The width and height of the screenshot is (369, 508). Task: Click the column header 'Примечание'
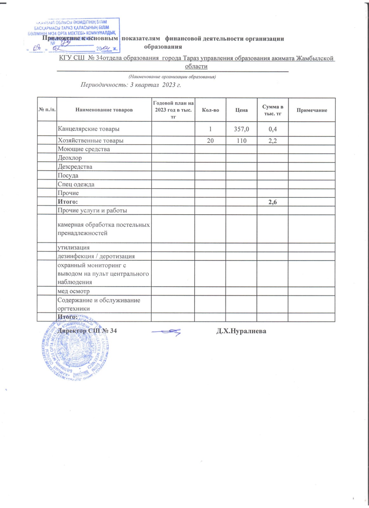tap(312, 110)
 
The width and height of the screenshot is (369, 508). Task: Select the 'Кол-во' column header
tap(210, 110)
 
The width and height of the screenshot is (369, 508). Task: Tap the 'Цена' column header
tap(241, 110)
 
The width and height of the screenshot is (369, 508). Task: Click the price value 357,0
tap(241, 129)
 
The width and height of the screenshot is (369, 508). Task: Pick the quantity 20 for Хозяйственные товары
tap(210, 141)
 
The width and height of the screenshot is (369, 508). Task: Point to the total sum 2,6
tap(273, 202)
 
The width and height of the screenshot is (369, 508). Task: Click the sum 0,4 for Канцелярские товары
tap(273, 129)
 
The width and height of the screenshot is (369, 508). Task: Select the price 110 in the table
tap(241, 141)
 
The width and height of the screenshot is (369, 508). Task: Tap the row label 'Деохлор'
tap(70, 158)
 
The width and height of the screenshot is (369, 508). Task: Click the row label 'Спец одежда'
tap(76, 184)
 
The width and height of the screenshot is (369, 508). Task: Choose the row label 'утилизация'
tap(74, 248)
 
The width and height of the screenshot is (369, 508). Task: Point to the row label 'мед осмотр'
tap(74, 291)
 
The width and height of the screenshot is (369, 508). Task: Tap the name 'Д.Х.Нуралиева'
tap(241, 331)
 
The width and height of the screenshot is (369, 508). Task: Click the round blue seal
tap(75, 349)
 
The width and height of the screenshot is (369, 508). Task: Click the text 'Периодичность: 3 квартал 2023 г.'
tap(131, 85)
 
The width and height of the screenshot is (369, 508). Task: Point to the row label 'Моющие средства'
tap(84, 149)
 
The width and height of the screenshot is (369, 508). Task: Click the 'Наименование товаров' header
tap(104, 110)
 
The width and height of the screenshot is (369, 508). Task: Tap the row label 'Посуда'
tap(68, 176)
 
